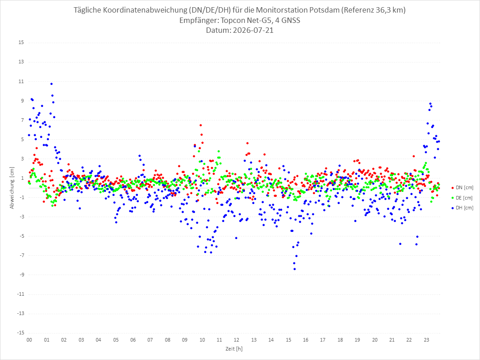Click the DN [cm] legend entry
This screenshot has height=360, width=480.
pos(462,188)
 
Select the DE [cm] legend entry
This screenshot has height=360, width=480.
pos(462,198)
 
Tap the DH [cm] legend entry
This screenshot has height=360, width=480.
pos(462,208)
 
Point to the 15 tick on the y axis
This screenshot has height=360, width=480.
pos(21,42)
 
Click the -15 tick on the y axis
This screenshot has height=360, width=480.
pos(20,333)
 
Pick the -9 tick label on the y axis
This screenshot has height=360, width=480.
pos(21,275)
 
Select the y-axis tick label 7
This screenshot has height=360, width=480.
pos(22,120)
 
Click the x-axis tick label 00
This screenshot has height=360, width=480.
pos(29,340)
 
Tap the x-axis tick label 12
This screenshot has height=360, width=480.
pos(236,340)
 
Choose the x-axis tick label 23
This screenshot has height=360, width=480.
pos(427,340)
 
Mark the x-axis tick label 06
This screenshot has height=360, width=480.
pos(133,340)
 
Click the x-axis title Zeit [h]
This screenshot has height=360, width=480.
pos(234,349)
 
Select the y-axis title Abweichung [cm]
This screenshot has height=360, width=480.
pos(12,188)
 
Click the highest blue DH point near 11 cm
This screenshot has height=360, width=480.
pos(51,84)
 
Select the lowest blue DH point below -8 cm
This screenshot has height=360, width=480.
pos(294,269)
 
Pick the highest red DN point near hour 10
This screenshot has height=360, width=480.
pos(200,125)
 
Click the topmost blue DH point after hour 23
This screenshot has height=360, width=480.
pos(430,104)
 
